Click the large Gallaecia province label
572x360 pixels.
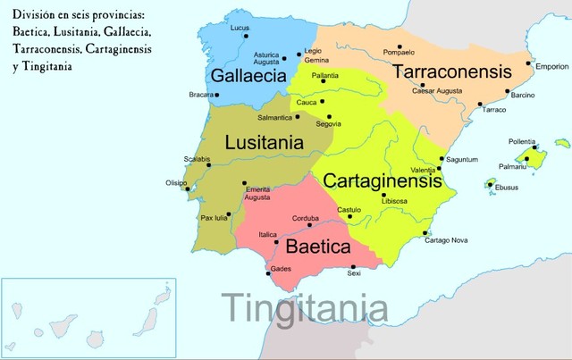click(x=245, y=74)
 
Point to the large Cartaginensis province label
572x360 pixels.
click(x=383, y=180)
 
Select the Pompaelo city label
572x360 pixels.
click(x=399, y=52)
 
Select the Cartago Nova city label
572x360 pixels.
click(x=446, y=240)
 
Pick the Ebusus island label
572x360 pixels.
click(x=506, y=188)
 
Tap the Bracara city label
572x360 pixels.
click(x=201, y=94)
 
